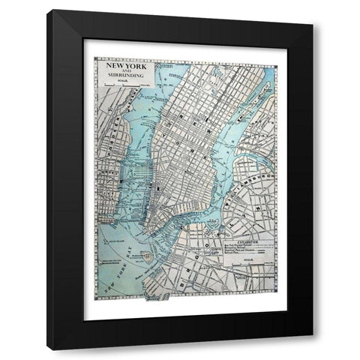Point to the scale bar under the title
coord(124,95)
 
